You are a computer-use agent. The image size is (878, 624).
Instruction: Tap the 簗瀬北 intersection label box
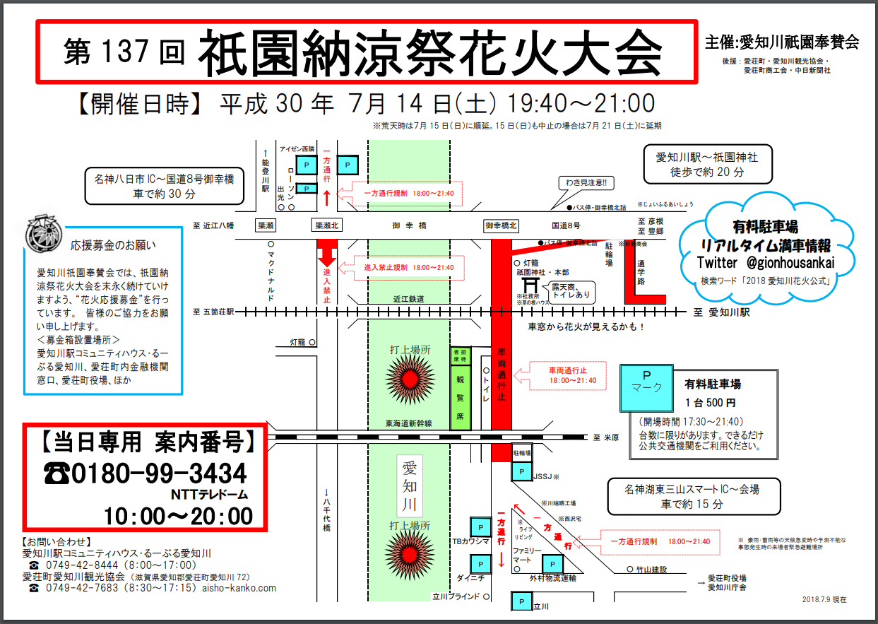(328, 225)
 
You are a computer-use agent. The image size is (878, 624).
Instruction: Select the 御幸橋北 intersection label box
(501, 225)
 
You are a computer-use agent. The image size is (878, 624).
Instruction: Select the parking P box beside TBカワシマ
(480, 527)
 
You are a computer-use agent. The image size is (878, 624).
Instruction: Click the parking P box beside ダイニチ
(480, 564)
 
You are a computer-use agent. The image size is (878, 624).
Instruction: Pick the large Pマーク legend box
(646, 388)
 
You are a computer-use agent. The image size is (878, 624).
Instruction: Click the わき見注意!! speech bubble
(586, 183)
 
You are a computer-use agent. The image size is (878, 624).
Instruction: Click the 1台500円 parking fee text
(710, 403)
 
